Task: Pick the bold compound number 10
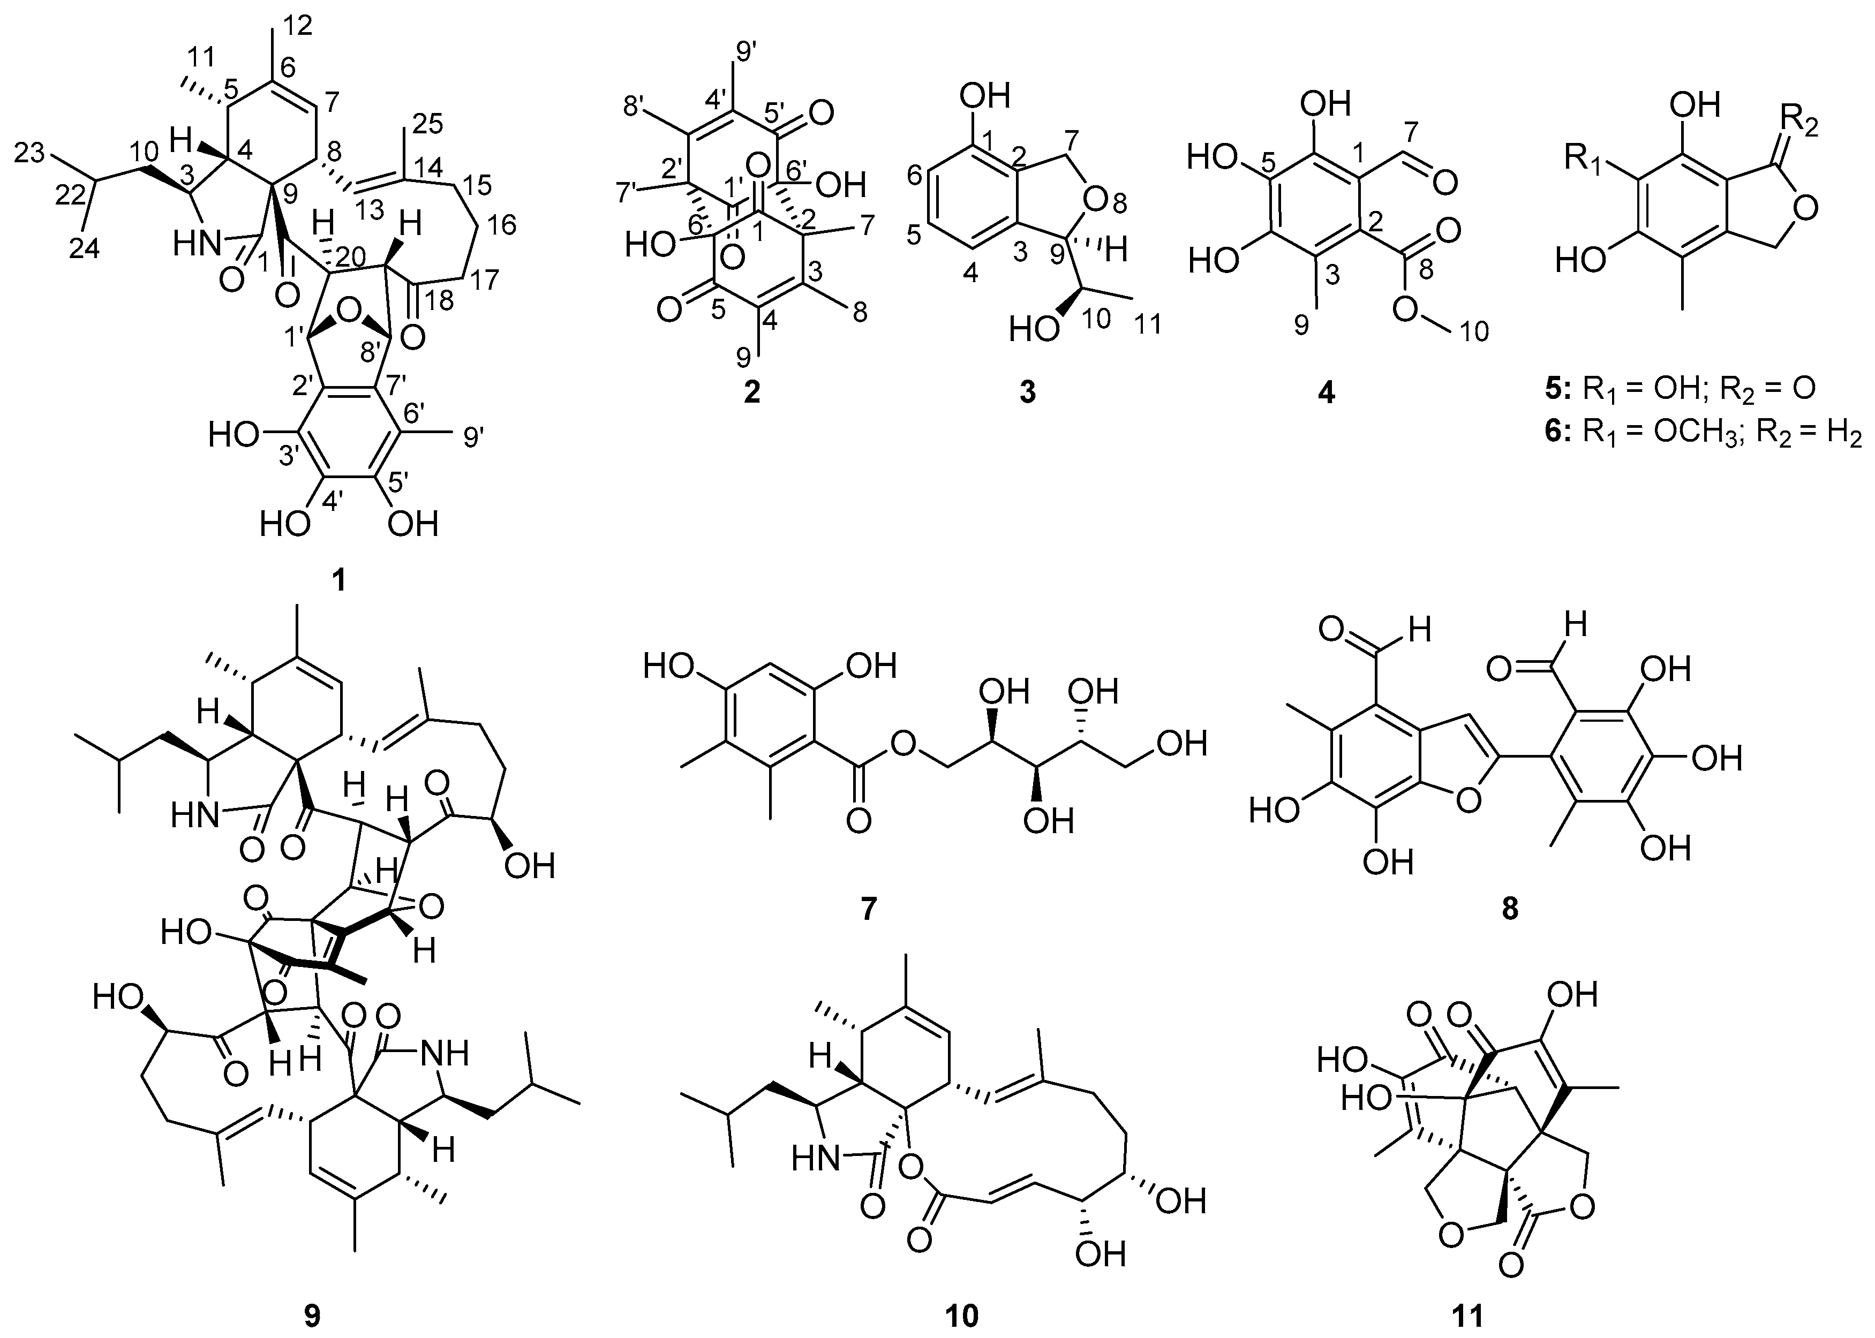962,1316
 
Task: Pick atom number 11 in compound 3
1147,324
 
